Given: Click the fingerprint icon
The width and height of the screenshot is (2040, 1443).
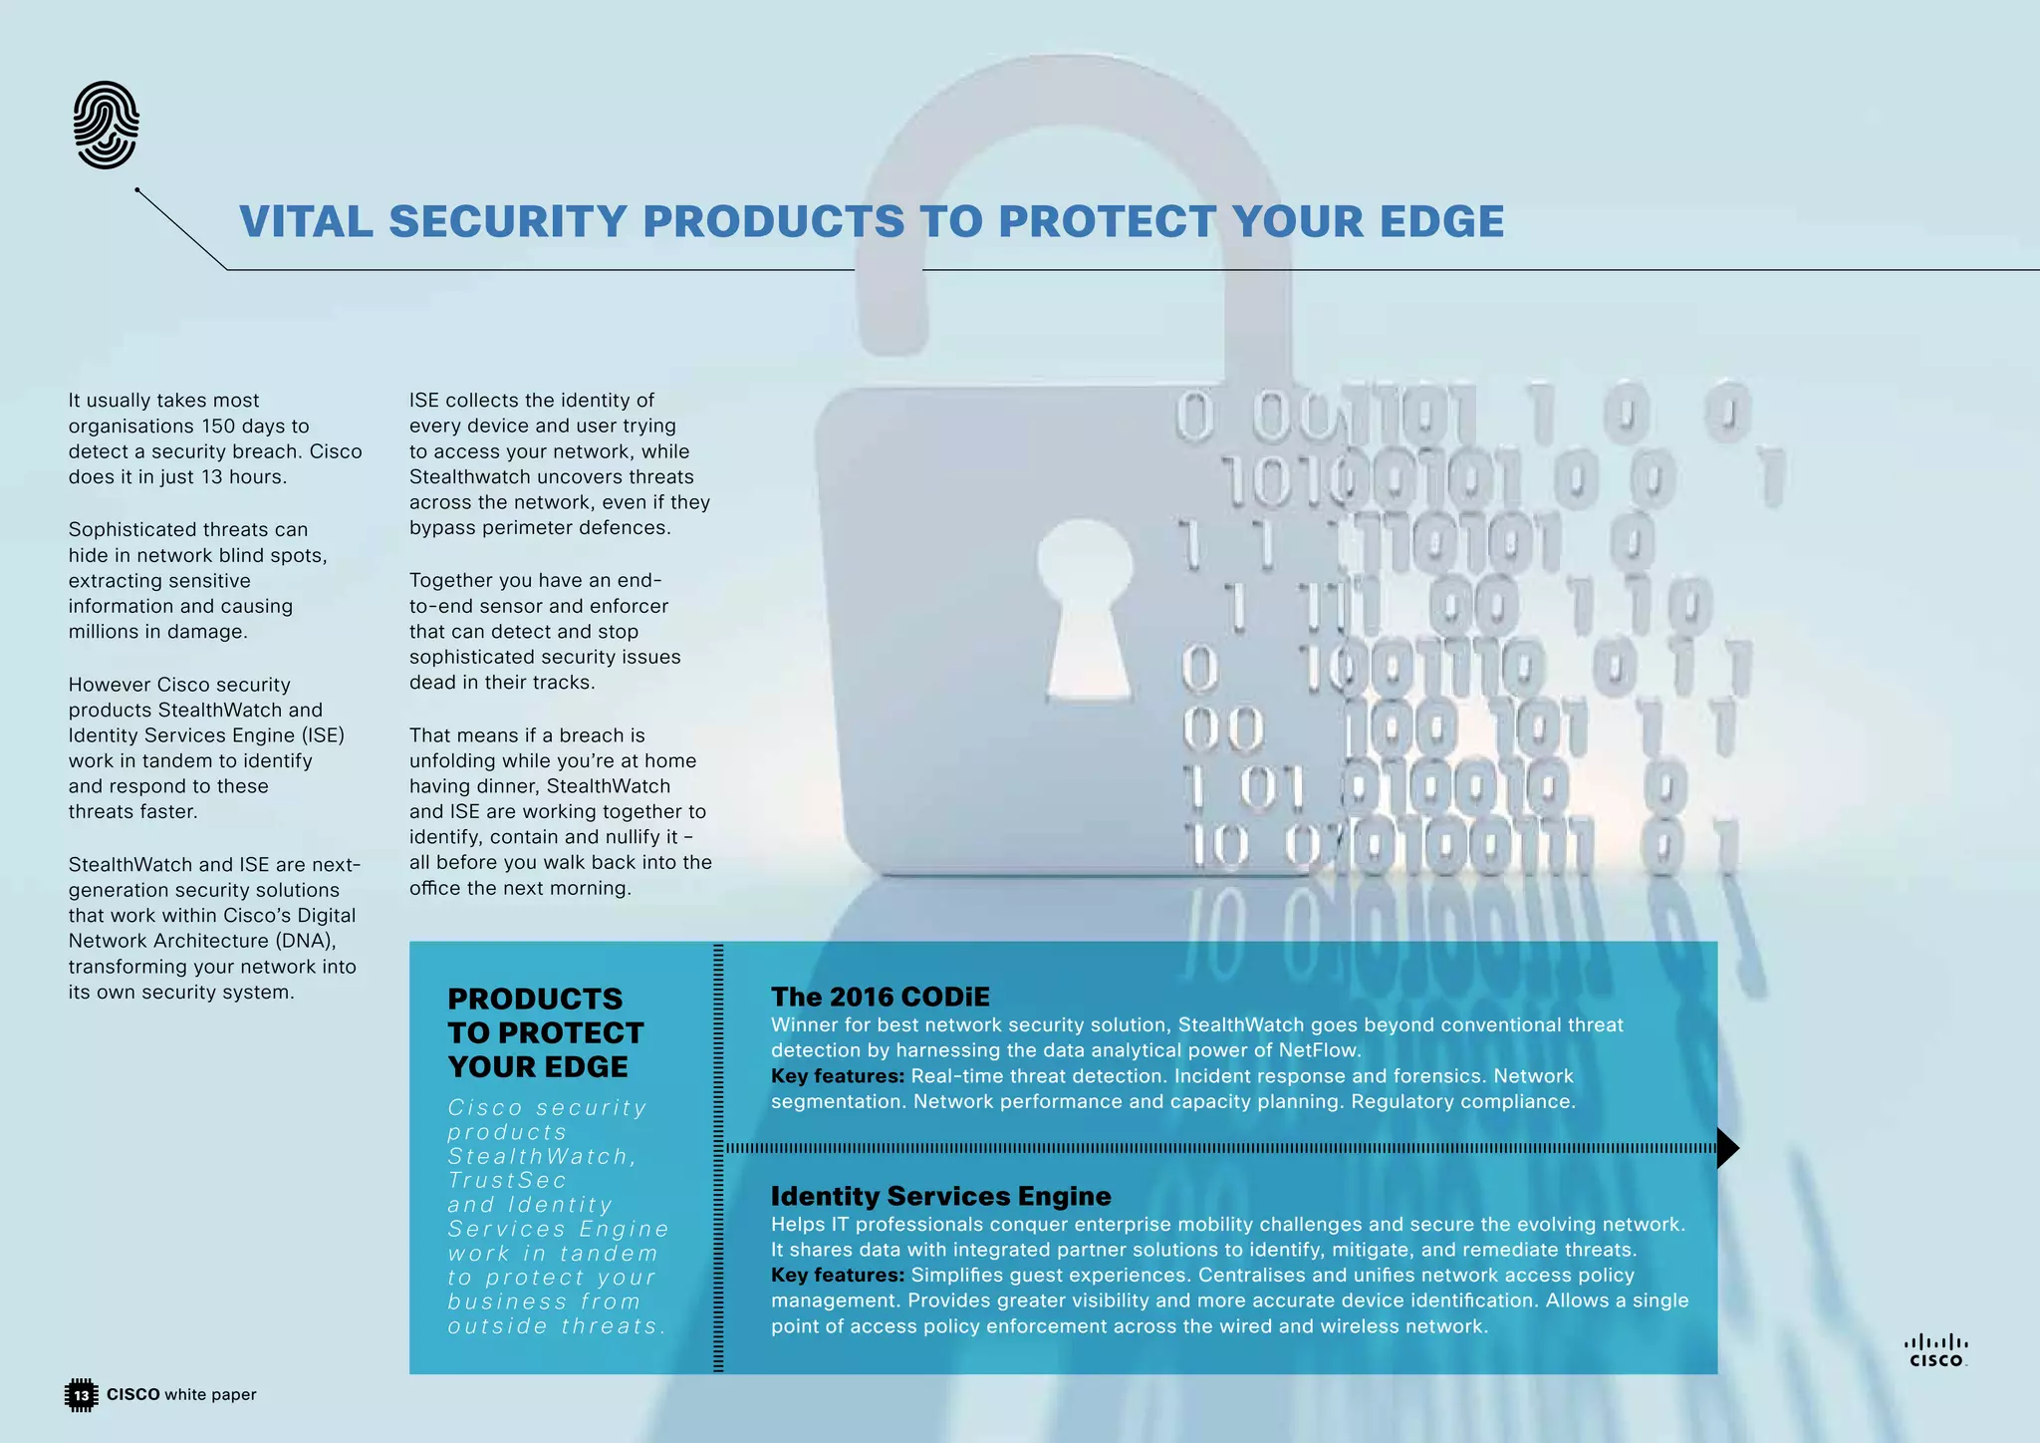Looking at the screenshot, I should click(106, 125).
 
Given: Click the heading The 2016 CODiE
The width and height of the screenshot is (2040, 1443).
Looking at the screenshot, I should click(881, 997).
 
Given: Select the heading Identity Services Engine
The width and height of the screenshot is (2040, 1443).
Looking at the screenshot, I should click(940, 1196).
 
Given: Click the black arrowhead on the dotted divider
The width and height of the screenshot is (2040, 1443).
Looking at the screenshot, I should click(1728, 1148).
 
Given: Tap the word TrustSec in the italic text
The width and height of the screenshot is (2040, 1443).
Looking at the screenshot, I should click(507, 1181).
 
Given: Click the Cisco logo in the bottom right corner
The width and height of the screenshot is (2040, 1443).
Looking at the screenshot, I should click(1936, 1351).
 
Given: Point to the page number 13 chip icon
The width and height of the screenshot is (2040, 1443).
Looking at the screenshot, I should click(81, 1395).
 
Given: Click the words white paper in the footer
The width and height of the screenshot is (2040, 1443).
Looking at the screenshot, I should click(210, 1395).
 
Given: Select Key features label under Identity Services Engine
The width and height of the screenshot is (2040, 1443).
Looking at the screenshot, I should click(837, 1276).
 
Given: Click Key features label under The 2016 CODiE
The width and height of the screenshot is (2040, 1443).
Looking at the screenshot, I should click(837, 1076).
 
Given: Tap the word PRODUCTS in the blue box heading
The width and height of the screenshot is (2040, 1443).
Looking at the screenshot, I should click(535, 999).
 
